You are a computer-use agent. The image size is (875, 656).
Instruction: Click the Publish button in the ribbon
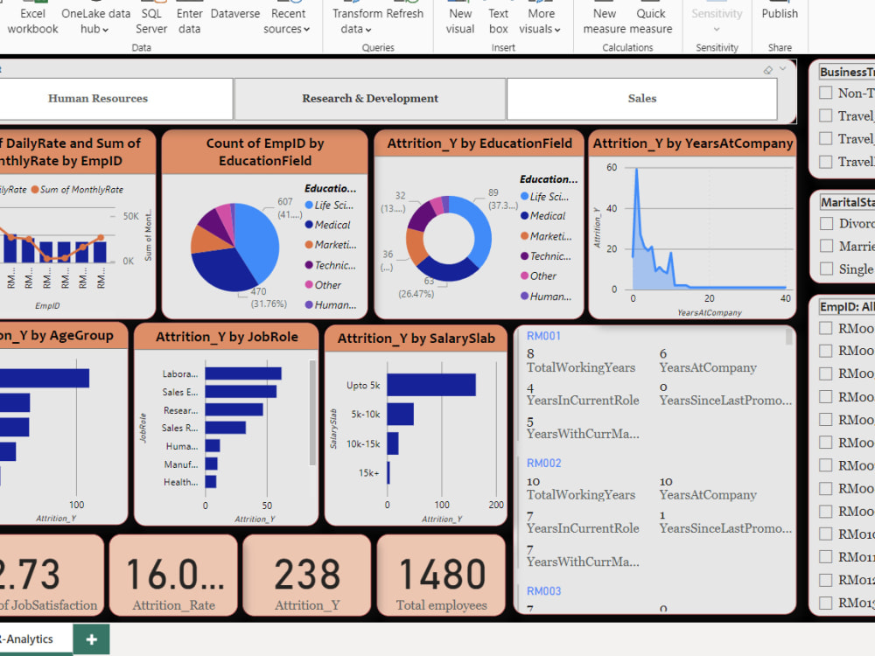[x=780, y=14]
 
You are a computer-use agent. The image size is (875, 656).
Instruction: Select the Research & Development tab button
[x=370, y=99]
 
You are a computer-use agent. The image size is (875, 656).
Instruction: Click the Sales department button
[x=641, y=99]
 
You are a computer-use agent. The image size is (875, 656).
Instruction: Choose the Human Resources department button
[x=98, y=99]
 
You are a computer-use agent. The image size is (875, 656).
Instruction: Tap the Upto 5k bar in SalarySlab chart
[x=431, y=385]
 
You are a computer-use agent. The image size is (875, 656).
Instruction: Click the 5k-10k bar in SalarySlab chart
[x=400, y=415]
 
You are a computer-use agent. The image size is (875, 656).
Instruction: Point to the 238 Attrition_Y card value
[x=307, y=575]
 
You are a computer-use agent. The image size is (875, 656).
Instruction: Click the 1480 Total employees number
[x=441, y=575]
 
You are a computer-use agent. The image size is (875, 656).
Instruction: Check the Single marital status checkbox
[x=826, y=269]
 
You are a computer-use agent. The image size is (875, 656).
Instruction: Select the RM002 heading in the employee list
[x=543, y=463]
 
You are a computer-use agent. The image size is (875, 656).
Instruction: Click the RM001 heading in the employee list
[x=543, y=336]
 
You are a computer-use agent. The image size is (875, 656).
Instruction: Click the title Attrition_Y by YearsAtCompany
[x=692, y=143]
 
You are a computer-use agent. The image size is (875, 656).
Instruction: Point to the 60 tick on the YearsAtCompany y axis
[x=612, y=167]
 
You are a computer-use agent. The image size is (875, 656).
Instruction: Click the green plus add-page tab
[x=91, y=639]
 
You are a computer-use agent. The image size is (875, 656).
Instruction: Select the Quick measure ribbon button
[x=651, y=21]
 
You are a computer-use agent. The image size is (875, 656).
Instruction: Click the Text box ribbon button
[x=499, y=21]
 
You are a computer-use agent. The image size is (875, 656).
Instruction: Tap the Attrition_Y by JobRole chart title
[x=227, y=337]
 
